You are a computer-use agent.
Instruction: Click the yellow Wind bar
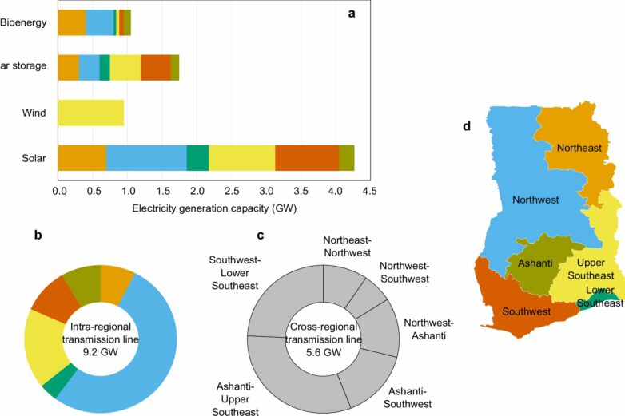91,113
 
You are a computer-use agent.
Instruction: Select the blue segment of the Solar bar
146,158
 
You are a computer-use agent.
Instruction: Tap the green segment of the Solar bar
197,158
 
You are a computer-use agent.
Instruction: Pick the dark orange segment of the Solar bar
307,158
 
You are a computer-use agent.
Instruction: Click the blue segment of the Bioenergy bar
99,23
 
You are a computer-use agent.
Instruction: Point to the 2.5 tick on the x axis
230,192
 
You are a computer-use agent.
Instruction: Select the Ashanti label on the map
533,263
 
